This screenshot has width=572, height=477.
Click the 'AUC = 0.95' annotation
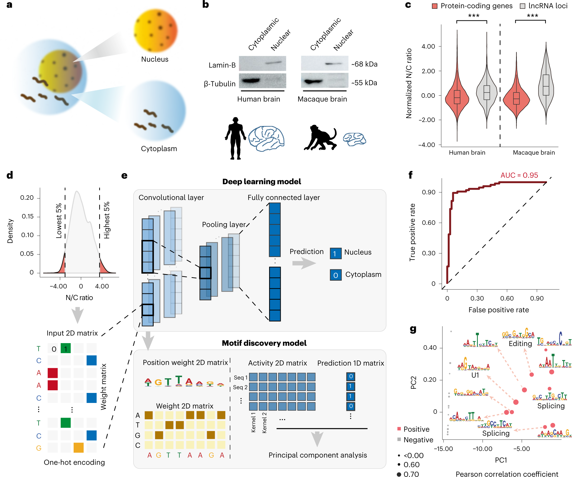pyautogui.click(x=519, y=175)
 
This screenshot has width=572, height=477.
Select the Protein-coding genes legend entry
pyautogui.click(x=472, y=6)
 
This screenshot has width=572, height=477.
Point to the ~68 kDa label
pyautogui.click(x=364, y=64)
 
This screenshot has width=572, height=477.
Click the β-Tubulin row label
pyautogui.click(x=220, y=84)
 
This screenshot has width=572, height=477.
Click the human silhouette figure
pyautogui.click(x=235, y=138)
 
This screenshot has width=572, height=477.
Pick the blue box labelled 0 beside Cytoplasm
pyautogui.click(x=336, y=275)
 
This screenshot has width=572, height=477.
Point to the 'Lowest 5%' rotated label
pyautogui.click(x=59, y=221)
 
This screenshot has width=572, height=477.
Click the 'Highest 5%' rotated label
pyautogui.click(x=107, y=220)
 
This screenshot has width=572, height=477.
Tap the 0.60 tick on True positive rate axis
pyautogui.click(x=429, y=223)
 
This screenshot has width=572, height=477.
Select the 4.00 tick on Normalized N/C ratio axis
pyautogui.click(x=428, y=47)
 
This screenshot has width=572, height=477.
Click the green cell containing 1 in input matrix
pyautogui.click(x=66, y=349)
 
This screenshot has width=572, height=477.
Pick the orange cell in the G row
pyautogui.click(x=78, y=447)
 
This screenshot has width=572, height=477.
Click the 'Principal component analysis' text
pyautogui.click(x=318, y=455)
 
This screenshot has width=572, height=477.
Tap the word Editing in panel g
pyautogui.click(x=520, y=344)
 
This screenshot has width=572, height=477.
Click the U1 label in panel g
pyautogui.click(x=475, y=375)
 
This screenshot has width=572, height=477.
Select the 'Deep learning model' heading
pyautogui.click(x=261, y=182)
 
